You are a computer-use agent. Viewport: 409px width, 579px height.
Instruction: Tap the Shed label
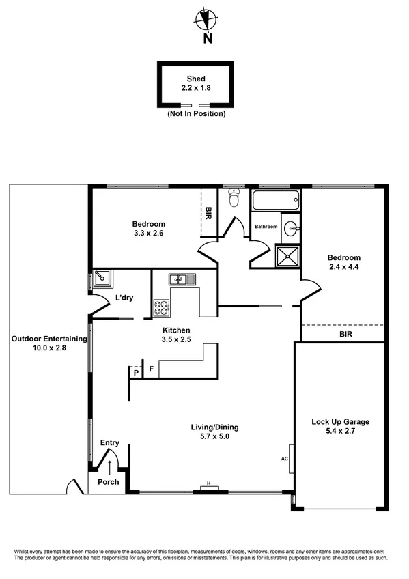pos(196,79)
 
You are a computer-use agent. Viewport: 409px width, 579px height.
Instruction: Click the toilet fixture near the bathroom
pos(234,198)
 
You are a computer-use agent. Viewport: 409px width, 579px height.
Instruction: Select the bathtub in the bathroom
pos(275,201)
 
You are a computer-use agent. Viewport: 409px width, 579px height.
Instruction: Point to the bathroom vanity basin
pos(290,227)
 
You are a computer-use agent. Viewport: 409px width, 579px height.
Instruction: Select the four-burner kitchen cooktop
pos(161,308)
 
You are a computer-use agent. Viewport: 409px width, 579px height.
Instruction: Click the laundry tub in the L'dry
pos(103,277)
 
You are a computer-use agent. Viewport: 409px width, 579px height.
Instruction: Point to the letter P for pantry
pos(136,372)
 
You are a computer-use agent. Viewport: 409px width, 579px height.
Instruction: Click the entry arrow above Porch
pos(110,466)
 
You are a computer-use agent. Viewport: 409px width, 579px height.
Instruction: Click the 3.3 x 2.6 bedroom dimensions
pos(149,234)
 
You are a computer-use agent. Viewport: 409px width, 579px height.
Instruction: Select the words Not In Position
pos(196,113)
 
